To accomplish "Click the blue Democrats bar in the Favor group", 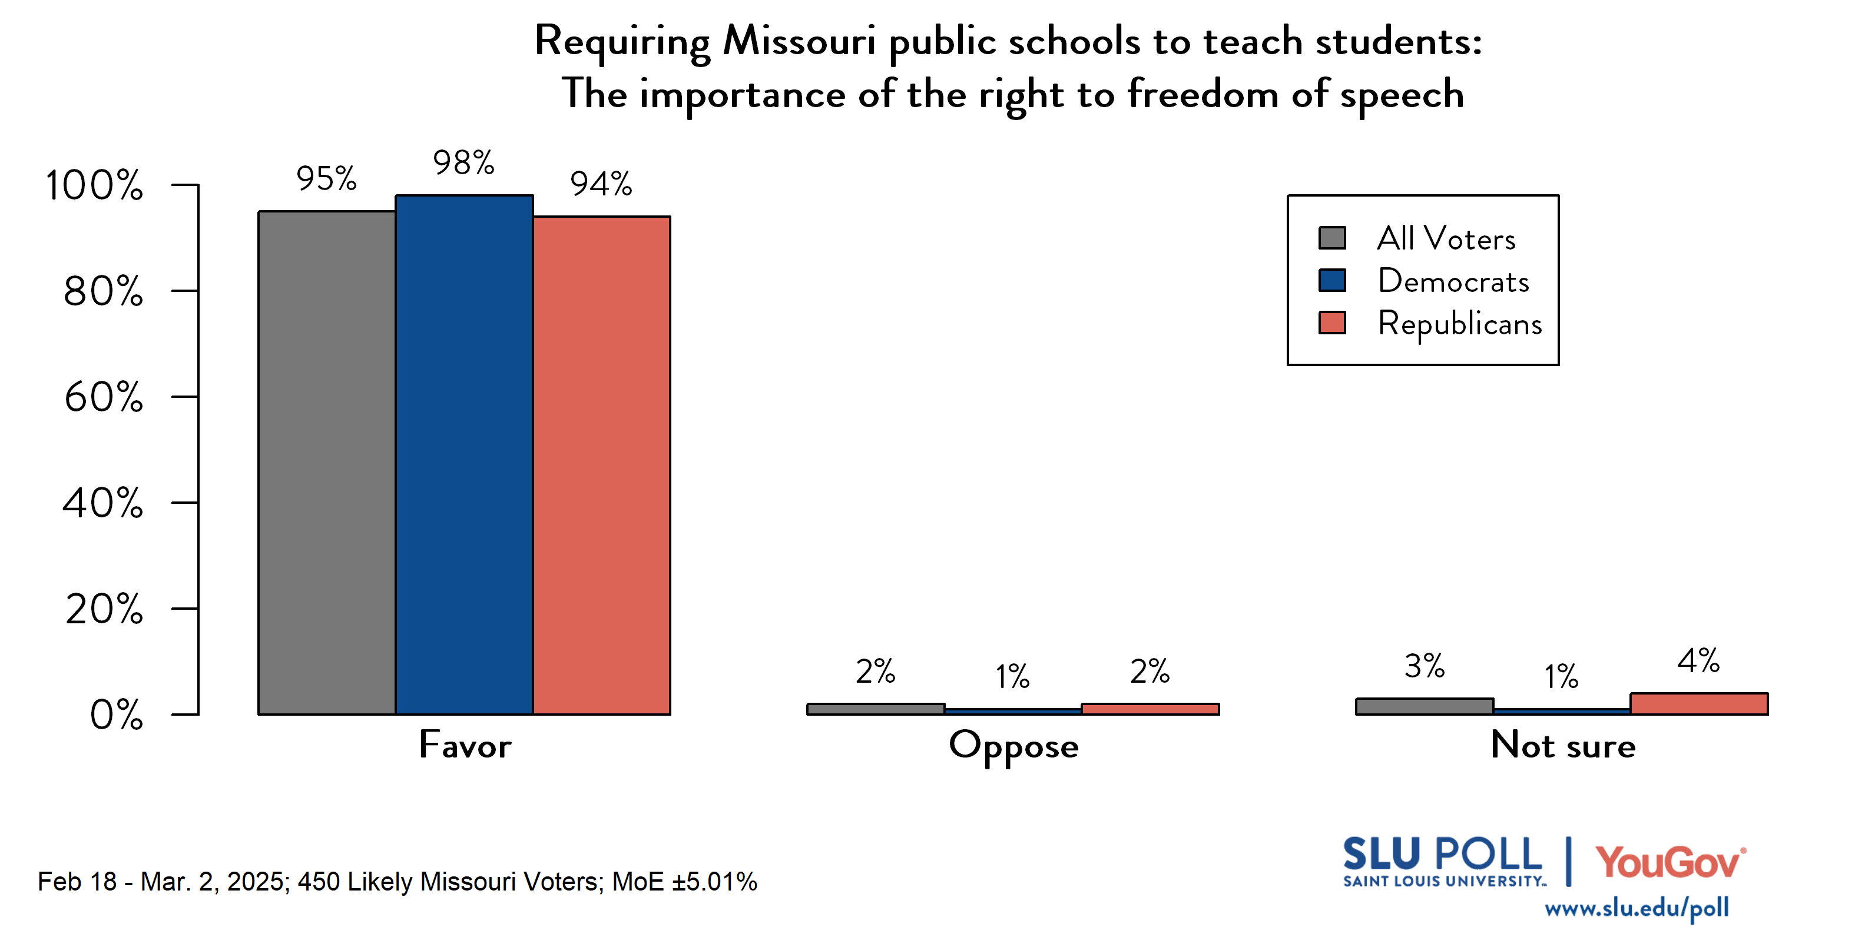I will point(465,455).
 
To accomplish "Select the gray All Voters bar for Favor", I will point(327,463).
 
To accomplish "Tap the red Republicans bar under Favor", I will point(602,465).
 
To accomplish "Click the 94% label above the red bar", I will point(601,184).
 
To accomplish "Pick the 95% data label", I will point(326,178).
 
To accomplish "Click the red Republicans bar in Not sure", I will point(1700,704).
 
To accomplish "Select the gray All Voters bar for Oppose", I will point(876,709).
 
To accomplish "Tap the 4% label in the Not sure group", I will point(1699,661).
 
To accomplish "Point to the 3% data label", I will point(1425,666).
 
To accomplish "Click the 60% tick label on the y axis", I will point(104,397).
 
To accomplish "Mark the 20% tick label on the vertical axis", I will point(104,609).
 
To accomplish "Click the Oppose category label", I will point(1014,746).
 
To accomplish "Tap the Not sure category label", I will point(1563,745).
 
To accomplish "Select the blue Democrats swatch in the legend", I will point(1332,280).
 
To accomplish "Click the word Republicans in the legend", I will point(1460,323).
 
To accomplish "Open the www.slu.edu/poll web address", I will point(1637,908).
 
